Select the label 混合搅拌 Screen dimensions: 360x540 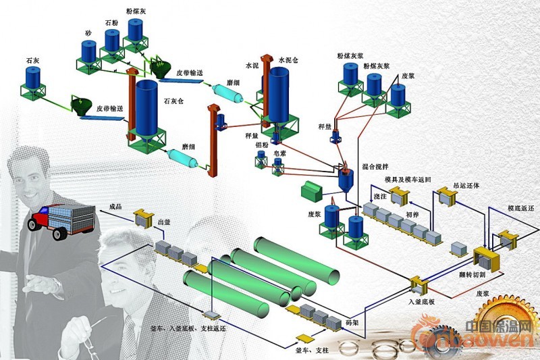[x=375, y=166]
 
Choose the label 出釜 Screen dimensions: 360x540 [x=163, y=220]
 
